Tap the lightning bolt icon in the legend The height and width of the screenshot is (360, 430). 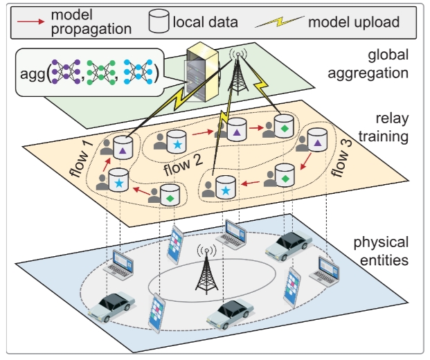[x=280, y=22]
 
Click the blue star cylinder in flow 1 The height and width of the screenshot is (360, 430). [x=120, y=182]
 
